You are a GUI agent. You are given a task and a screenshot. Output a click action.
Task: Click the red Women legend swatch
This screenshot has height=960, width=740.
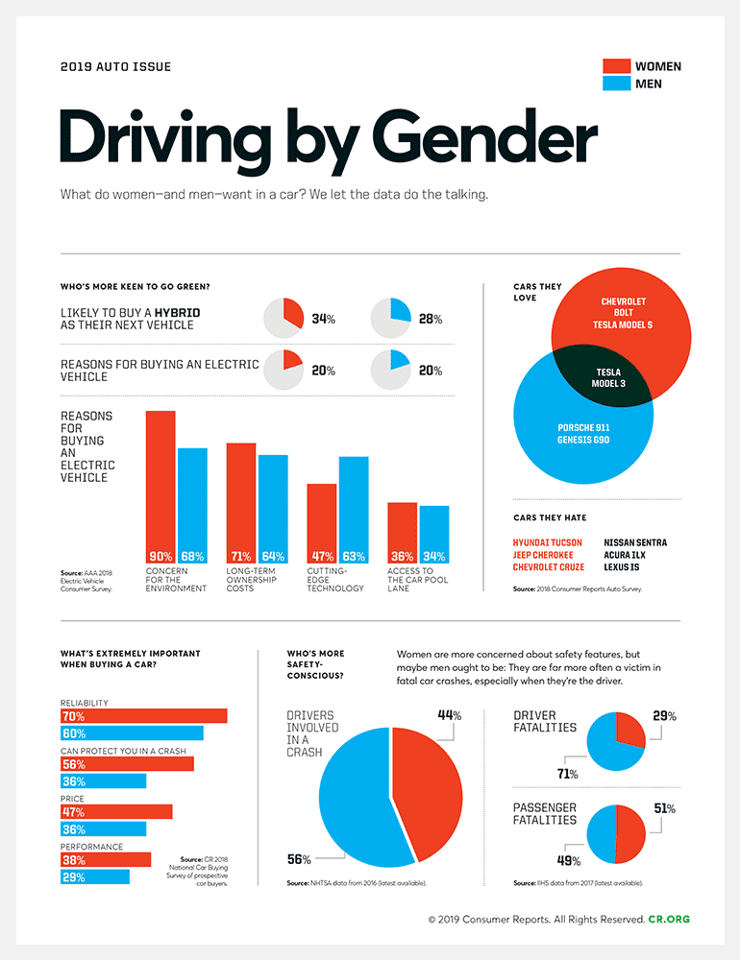pyautogui.click(x=615, y=66)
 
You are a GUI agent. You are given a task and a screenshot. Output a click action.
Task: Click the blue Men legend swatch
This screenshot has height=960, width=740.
pyautogui.click(x=615, y=84)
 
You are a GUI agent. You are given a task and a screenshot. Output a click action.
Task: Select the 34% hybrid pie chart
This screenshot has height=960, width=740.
pyautogui.click(x=284, y=318)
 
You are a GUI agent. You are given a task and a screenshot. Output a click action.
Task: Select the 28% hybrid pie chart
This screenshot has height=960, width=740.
pyautogui.click(x=391, y=318)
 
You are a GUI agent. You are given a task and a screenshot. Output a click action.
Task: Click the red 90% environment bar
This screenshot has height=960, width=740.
pyautogui.click(x=160, y=480)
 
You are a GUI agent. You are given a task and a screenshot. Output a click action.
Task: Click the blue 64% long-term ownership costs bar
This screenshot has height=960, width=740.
pyautogui.click(x=273, y=504)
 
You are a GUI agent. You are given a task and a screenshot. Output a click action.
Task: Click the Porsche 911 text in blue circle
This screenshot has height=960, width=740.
pyautogui.click(x=583, y=427)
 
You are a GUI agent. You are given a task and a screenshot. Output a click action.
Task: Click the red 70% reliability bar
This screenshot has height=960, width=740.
pyautogui.click(x=143, y=716)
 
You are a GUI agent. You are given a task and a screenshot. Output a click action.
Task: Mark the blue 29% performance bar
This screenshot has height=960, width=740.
pyautogui.click(x=94, y=877)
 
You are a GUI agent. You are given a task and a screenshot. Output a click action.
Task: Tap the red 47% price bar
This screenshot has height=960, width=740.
pyautogui.click(x=115, y=812)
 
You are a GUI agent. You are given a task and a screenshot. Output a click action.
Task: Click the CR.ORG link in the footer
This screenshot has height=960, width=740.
pyautogui.click(x=669, y=919)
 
